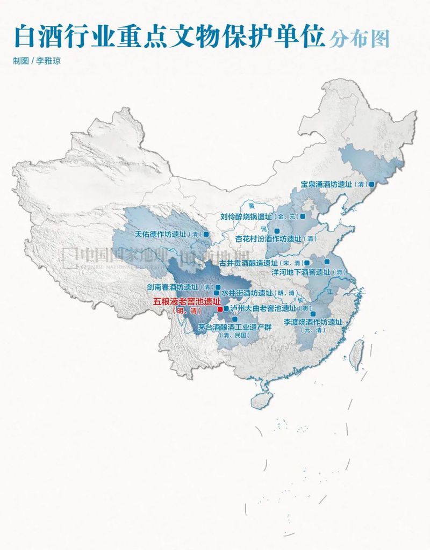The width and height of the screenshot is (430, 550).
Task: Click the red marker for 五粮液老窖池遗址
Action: [219, 309]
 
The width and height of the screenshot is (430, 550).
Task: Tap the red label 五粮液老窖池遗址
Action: [183, 302]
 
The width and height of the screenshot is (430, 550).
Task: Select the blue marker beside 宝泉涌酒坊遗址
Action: [371, 184]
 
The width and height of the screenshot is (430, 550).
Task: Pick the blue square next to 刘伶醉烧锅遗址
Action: [302, 216]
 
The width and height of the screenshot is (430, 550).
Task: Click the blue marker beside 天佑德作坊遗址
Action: [206, 234]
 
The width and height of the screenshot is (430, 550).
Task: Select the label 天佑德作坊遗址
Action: [160, 234]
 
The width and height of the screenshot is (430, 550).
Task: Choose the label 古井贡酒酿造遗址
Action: [248, 263]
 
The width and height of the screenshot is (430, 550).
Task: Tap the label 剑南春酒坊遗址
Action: [172, 287]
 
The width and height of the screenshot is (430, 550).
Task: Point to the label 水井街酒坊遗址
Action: [247, 293]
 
